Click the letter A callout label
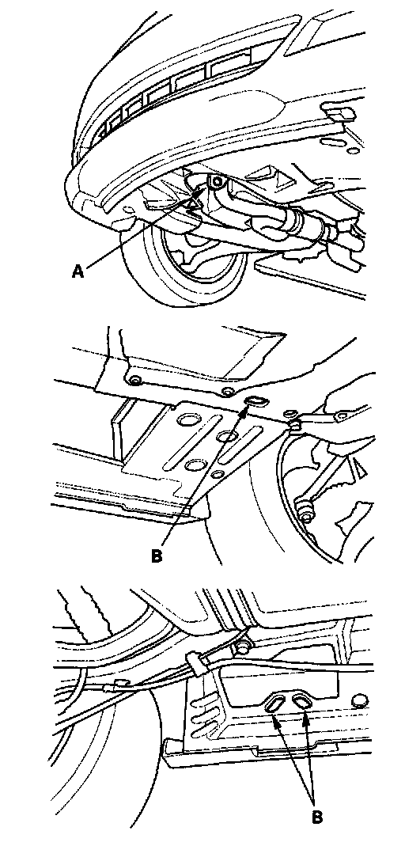click(78, 271)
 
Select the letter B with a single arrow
click(157, 556)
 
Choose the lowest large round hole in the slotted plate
click(195, 465)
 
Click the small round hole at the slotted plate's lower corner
click(218, 474)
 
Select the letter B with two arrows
click(317, 816)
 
